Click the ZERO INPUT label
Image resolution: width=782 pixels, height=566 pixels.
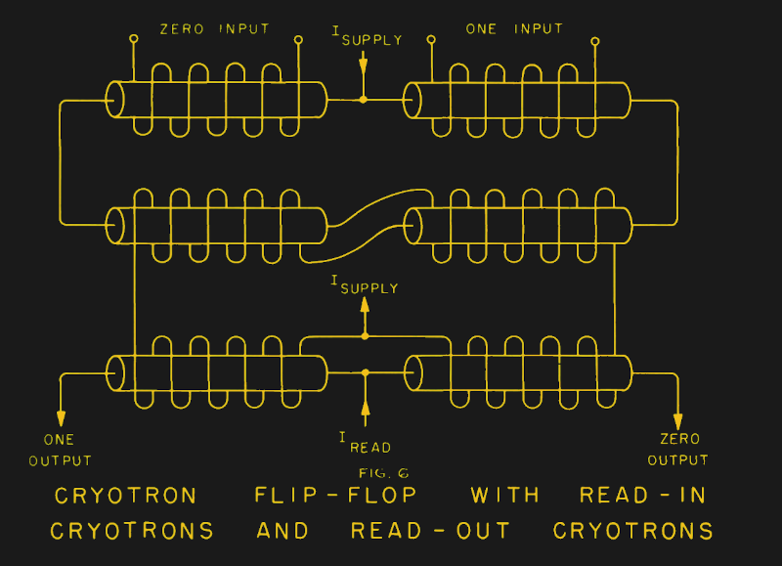tap(216, 29)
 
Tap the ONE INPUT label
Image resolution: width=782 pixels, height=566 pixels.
tap(514, 29)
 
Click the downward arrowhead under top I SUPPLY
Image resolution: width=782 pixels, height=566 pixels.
tap(364, 65)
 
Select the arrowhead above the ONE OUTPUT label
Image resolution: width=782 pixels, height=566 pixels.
tap(61, 414)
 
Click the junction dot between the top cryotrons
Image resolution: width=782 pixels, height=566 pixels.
tap(364, 100)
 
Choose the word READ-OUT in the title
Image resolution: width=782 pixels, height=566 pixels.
tap(430, 532)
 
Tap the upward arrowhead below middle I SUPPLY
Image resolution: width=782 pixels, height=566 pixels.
tap(365, 304)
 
